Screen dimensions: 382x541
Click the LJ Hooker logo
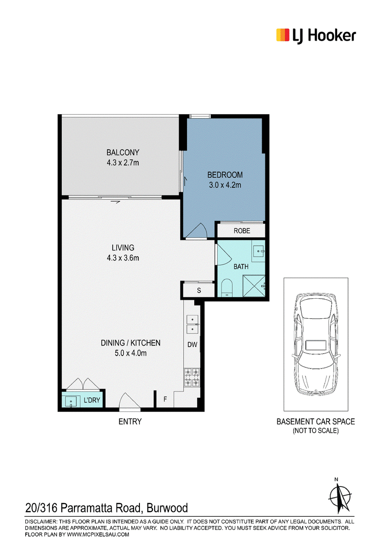tap(316, 36)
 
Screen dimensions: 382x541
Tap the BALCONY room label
tap(123, 152)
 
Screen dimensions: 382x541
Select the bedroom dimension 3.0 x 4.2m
tap(225, 185)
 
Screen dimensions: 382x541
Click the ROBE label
tap(242, 231)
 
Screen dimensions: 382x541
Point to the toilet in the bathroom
tap(227, 287)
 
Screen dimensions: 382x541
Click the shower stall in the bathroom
tap(254, 286)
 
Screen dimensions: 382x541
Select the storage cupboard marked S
tap(199, 290)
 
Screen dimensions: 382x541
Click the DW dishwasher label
tap(192, 344)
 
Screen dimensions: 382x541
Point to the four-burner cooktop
tap(192, 377)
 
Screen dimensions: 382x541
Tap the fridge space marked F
tap(165, 399)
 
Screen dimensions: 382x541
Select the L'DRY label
tap(92, 400)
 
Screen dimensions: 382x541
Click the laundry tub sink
tap(71, 401)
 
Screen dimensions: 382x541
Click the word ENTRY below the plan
tap(130, 422)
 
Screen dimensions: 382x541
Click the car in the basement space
tap(316, 344)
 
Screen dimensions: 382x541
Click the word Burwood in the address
tap(167, 508)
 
